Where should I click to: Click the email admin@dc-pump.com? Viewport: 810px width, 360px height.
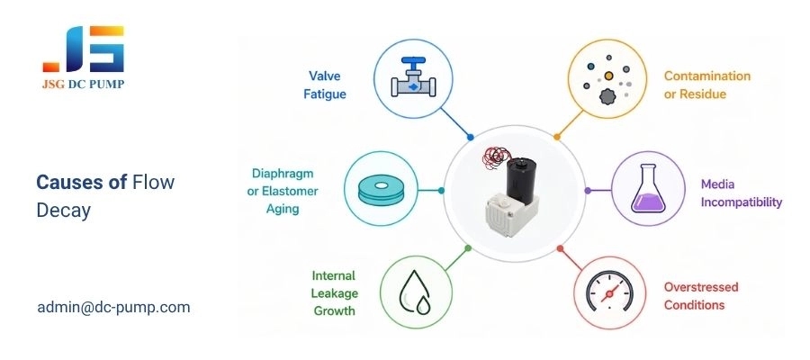pos(113,307)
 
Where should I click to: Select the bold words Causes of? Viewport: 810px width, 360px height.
pos(81,182)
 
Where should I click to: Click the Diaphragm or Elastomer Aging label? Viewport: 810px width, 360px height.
pos(283,190)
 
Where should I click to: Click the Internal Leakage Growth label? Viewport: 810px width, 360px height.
pos(333,293)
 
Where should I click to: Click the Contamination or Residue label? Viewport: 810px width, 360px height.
pos(706,85)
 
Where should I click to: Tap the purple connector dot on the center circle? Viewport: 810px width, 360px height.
pos(588,191)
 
